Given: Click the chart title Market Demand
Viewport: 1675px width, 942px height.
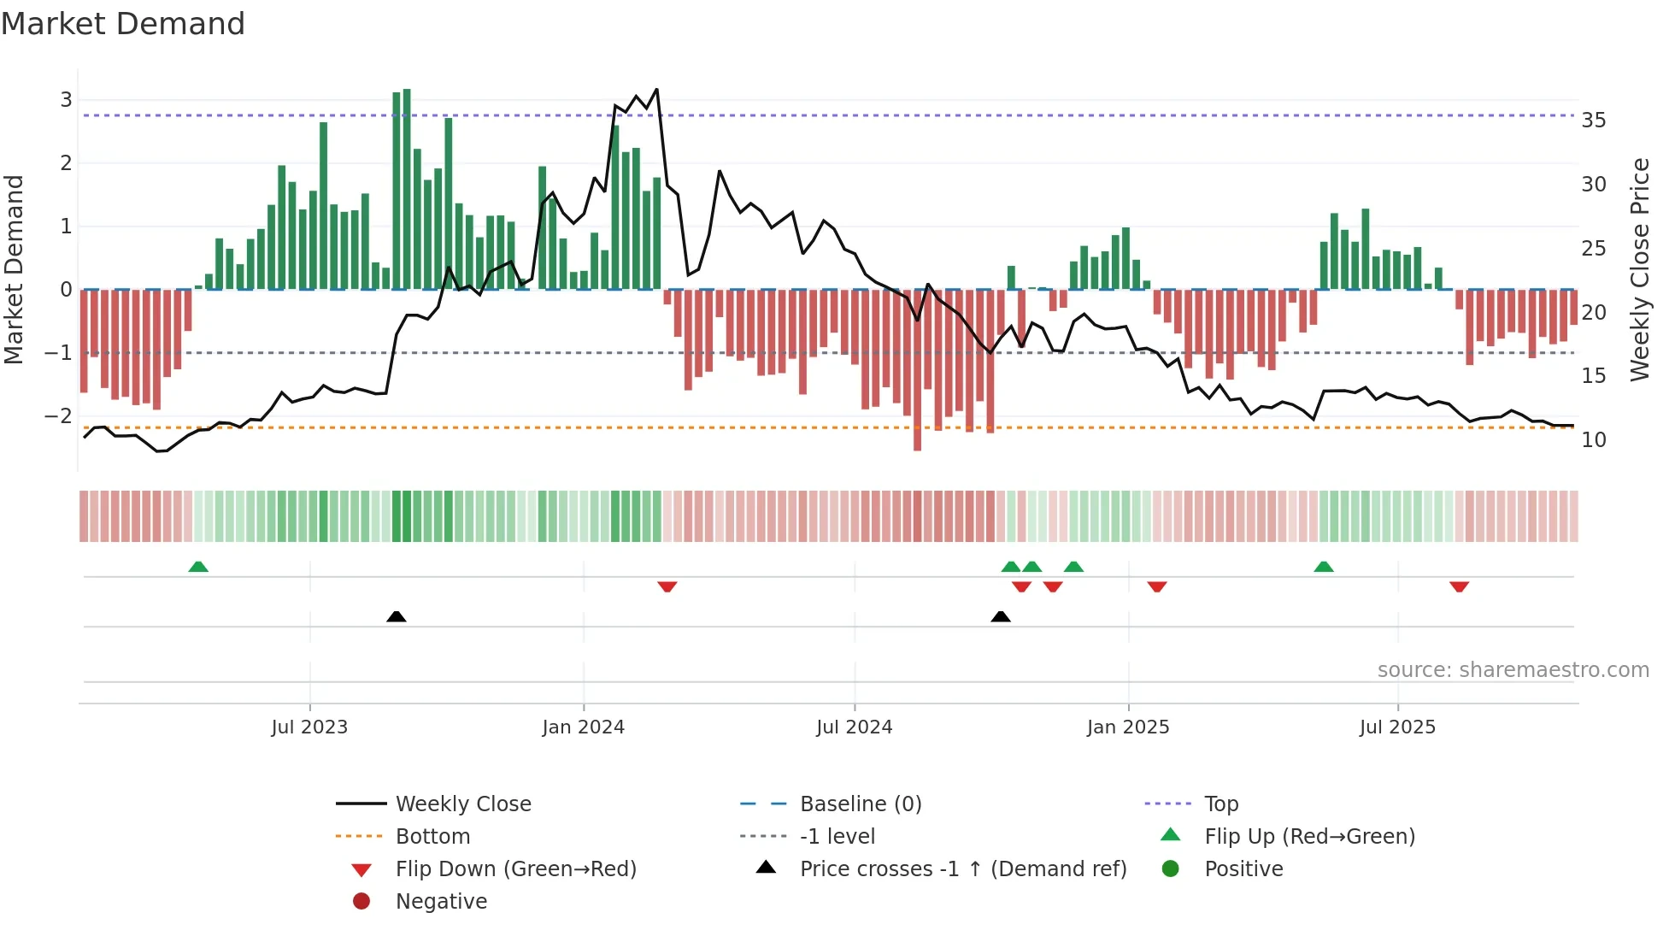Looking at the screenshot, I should click(123, 24).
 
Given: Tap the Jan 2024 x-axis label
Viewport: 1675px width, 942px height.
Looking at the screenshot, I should click(583, 727).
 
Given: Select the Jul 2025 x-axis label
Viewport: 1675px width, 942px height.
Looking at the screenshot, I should click(1397, 727).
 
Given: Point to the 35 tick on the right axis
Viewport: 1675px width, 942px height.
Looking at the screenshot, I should click(1593, 121).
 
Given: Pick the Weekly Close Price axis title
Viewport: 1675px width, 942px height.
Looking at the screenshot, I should click(1639, 269).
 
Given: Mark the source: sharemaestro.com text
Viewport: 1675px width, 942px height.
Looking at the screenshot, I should click(1513, 670).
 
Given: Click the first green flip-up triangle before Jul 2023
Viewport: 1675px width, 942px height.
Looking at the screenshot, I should click(198, 567).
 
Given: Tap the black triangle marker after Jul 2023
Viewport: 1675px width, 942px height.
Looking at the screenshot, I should click(396, 616).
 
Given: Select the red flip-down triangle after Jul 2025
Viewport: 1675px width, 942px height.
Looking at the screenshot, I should click(1459, 586).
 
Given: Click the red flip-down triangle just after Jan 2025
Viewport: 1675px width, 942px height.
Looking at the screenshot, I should click(1157, 586).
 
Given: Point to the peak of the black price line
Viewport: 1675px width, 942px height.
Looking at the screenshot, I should click(656, 90).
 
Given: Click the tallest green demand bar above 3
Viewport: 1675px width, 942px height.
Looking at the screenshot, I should click(407, 188).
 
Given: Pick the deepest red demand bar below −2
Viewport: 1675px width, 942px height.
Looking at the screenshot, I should click(917, 369).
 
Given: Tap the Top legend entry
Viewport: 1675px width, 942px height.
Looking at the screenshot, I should click(1220, 804).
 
